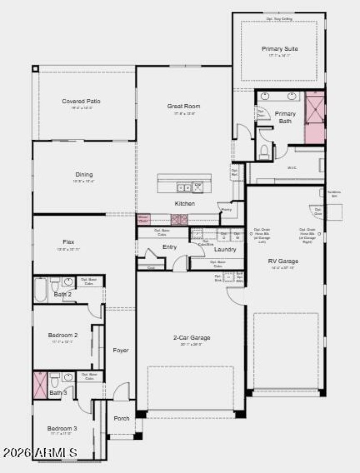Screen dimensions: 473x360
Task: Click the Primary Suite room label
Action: [x=279, y=49]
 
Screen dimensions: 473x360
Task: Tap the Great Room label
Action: [x=184, y=107]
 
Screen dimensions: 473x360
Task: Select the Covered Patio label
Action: [x=81, y=101]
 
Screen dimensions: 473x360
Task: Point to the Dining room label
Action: [x=84, y=174]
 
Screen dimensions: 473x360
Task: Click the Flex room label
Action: [x=69, y=242]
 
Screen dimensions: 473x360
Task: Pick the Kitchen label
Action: [x=184, y=204]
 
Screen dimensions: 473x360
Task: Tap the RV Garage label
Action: [x=283, y=261]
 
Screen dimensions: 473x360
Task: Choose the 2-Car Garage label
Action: [x=192, y=338]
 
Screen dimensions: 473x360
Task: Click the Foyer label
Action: [x=121, y=350]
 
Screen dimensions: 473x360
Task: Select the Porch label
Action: [x=121, y=418]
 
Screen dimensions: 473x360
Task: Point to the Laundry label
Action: [x=225, y=249]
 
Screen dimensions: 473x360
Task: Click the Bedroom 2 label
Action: [x=63, y=335]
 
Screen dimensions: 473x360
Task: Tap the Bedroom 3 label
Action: [x=62, y=428]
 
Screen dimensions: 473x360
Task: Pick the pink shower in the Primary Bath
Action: [x=315, y=117]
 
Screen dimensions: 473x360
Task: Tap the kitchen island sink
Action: [x=184, y=187]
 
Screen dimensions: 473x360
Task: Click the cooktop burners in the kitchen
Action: [x=179, y=219]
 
